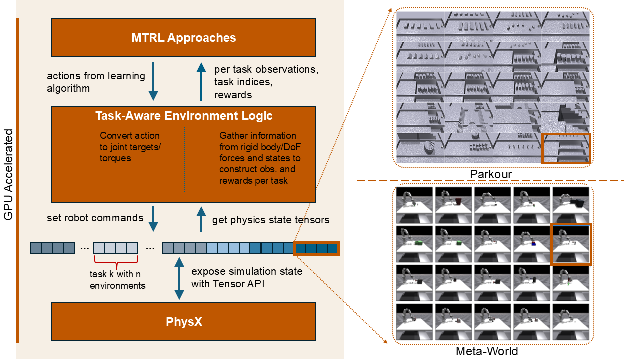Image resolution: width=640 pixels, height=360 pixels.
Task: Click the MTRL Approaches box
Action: coord(184,37)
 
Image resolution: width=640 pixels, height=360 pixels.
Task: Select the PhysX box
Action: coord(184,321)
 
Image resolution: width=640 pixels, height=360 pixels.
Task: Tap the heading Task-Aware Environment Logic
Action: coord(184,116)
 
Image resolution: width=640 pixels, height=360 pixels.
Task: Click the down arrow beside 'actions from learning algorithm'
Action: coord(153,81)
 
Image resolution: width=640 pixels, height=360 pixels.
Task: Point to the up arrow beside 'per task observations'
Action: coord(201,82)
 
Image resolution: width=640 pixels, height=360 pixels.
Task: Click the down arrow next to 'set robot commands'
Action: coord(153,219)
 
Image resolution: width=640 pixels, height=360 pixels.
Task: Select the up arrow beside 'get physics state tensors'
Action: coord(201,219)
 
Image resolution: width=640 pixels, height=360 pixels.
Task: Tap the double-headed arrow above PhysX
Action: coord(179,278)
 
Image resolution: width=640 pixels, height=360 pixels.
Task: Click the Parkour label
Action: coord(491,174)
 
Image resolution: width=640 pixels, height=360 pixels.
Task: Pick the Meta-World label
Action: coord(487,351)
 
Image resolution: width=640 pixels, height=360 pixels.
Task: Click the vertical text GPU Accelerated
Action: coord(8,175)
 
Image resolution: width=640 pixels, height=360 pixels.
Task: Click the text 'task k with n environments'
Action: coord(117,280)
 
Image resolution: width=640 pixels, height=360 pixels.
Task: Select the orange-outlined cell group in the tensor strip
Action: coord(316,248)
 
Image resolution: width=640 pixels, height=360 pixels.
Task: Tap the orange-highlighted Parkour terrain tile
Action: coord(566,148)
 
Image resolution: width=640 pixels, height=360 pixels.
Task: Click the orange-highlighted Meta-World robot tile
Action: coord(571,244)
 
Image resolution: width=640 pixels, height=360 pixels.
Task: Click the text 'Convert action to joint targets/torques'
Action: coord(130,147)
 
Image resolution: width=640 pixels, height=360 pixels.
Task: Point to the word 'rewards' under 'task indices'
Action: coord(233,95)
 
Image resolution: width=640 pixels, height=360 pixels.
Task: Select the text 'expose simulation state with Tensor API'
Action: coord(247,277)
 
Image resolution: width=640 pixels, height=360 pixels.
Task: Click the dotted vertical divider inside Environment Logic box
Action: coord(185,160)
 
